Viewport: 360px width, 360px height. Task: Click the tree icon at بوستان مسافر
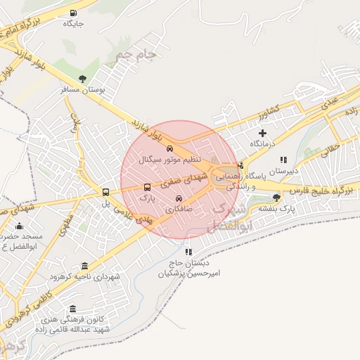pyautogui.click(x=83, y=79)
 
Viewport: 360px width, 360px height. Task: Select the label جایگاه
pyautogui.click(x=73, y=23)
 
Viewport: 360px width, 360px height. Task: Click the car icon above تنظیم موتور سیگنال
pyautogui.click(x=169, y=148)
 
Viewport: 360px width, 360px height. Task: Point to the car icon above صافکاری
pyautogui.click(x=178, y=198)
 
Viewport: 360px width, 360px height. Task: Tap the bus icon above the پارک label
pyautogui.click(x=147, y=188)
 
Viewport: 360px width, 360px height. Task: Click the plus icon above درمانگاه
pyautogui.click(x=263, y=132)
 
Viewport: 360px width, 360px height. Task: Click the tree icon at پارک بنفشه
pyautogui.click(x=276, y=198)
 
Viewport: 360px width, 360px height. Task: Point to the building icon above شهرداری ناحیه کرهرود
pyautogui.click(x=85, y=266)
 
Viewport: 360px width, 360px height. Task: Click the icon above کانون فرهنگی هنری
pyautogui.click(x=72, y=309)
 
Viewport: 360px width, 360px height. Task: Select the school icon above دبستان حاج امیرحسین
pyautogui.click(x=188, y=252)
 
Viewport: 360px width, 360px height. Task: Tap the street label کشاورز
pyautogui.click(x=267, y=110)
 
